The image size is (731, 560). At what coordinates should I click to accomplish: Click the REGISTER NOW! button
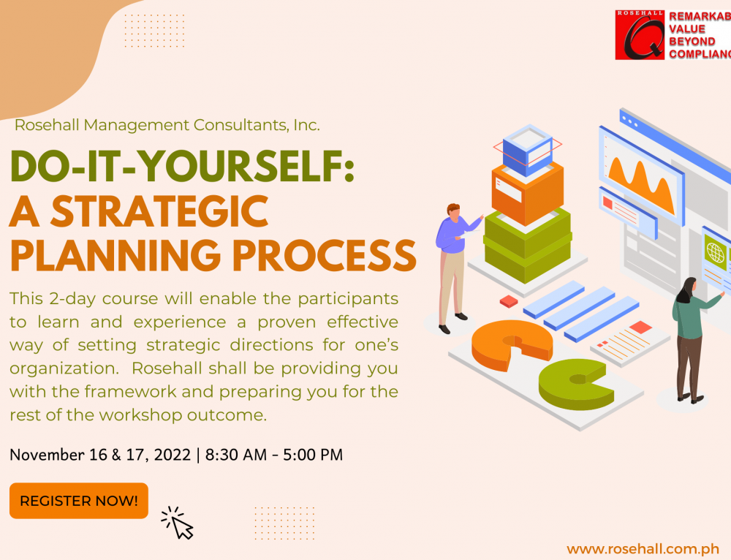point(79,501)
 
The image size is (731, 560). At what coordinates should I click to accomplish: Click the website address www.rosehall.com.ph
point(643,549)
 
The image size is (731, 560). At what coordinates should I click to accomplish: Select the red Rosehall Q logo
point(640,35)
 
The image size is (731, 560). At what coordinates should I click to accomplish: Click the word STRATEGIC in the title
point(159,211)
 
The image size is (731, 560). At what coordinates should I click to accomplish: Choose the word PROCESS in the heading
point(325,256)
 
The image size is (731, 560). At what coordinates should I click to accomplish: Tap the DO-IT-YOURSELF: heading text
point(182,166)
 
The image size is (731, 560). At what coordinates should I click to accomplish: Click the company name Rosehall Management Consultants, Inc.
point(167,125)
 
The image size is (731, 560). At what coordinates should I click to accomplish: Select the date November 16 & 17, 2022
point(100,455)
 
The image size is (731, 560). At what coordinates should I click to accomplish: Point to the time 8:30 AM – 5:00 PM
point(274,455)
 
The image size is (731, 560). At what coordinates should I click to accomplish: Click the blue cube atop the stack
point(528,149)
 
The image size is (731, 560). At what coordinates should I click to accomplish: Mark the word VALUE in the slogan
point(687,29)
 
